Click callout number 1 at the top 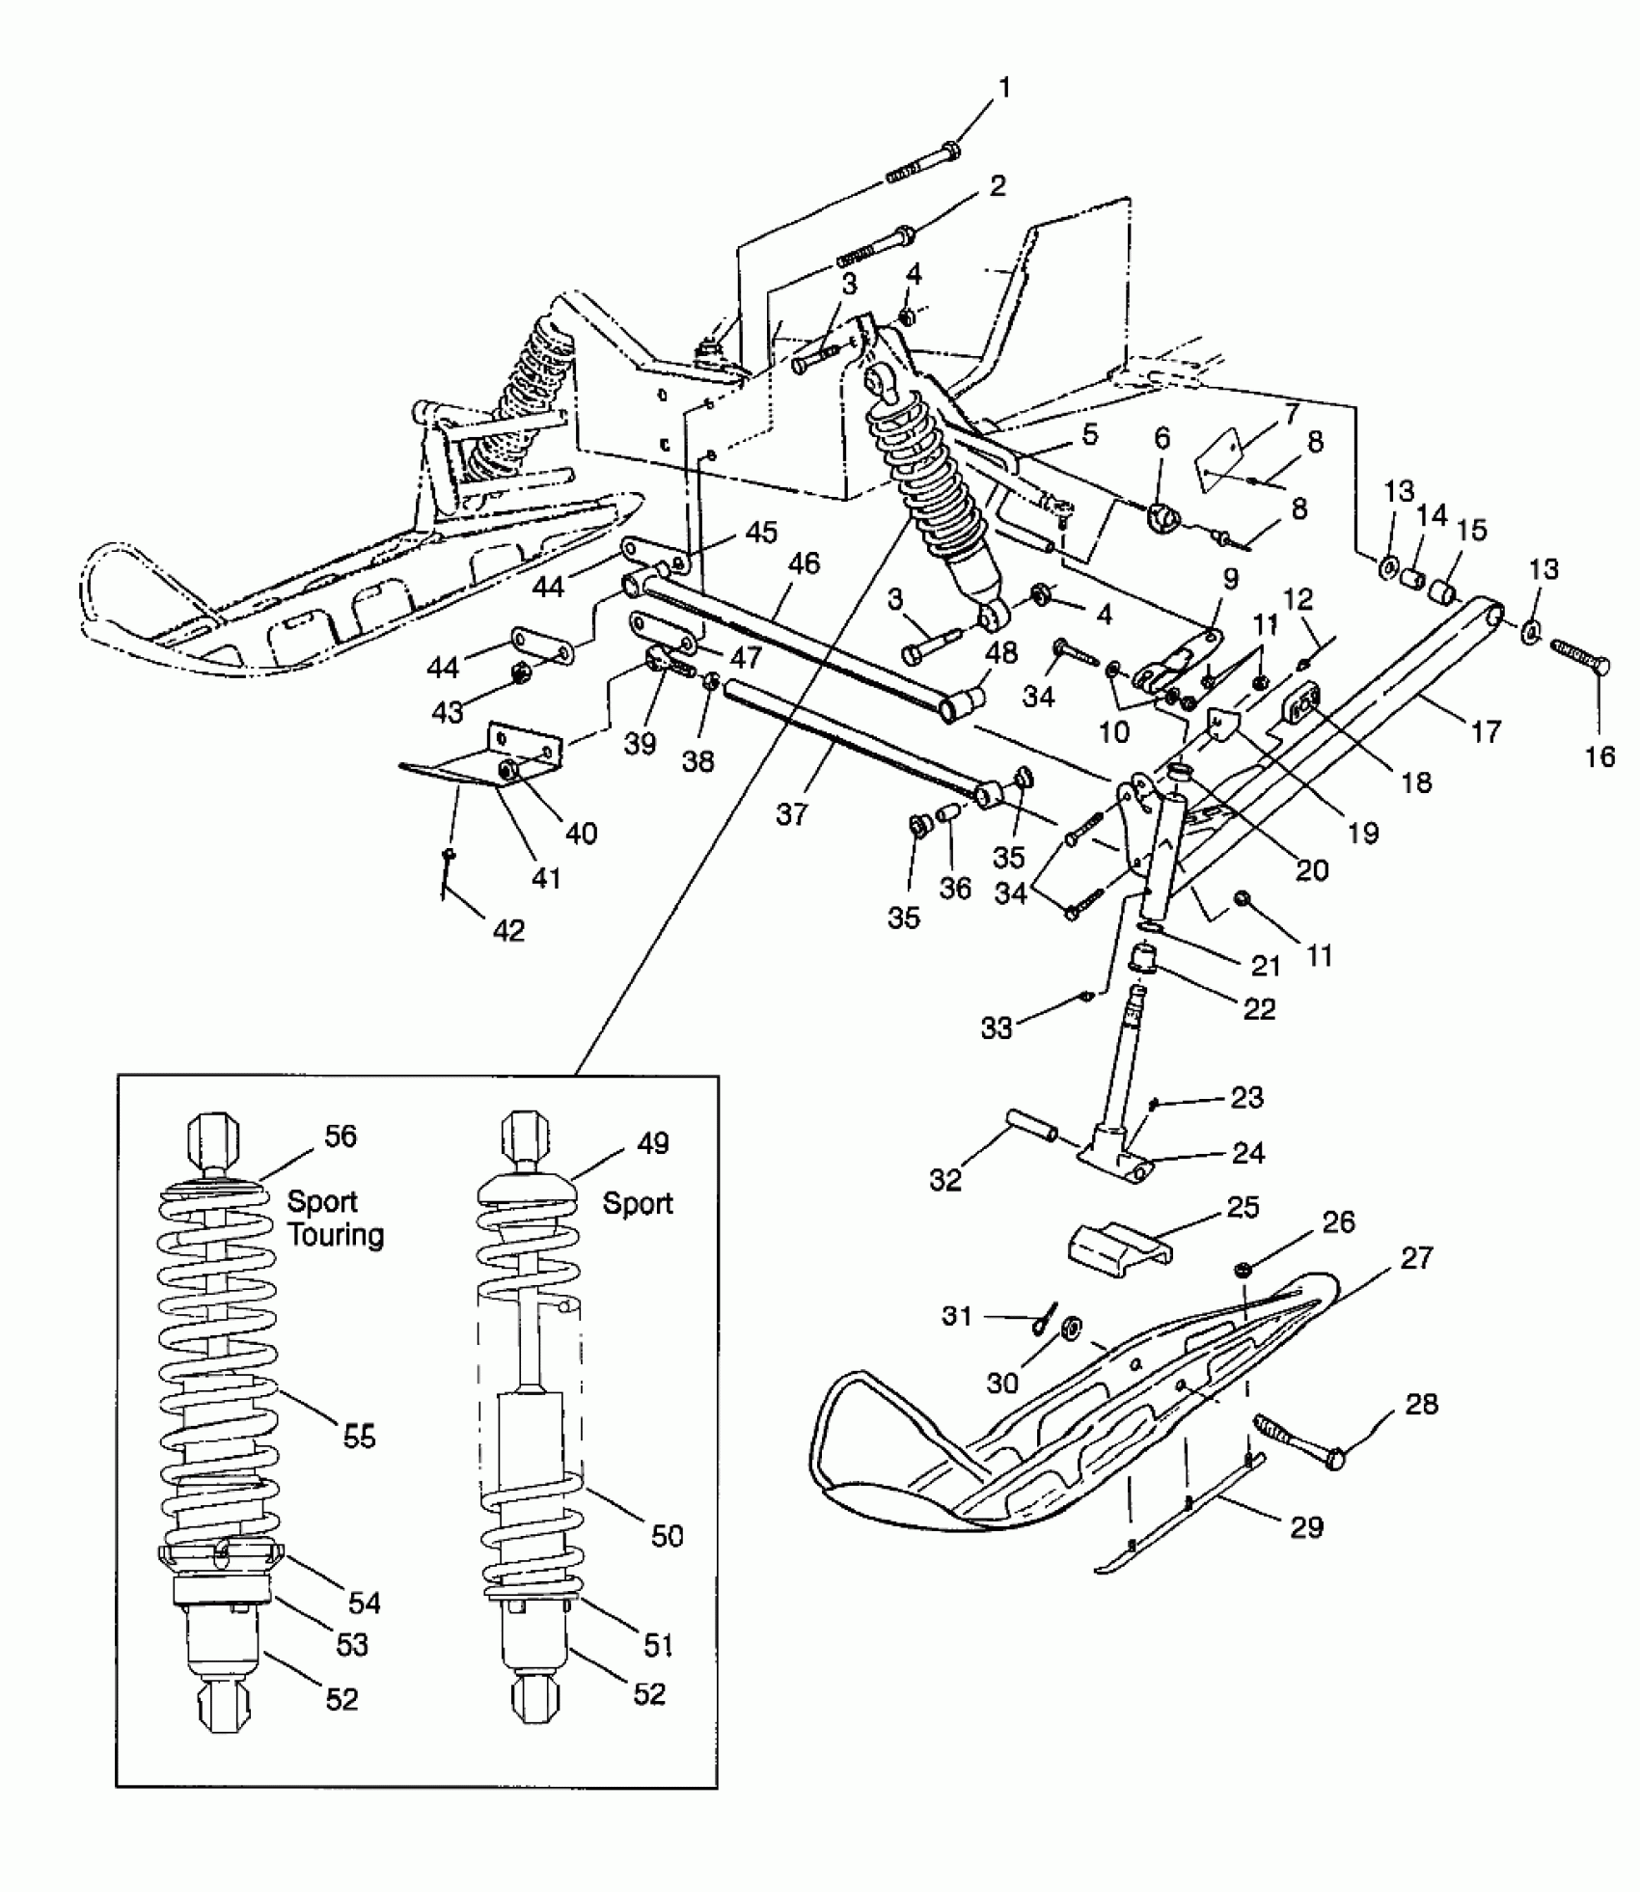click(1004, 90)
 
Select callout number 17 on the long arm click(1485, 732)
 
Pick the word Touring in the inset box click(335, 1235)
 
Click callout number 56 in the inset click(340, 1136)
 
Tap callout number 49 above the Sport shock click(652, 1143)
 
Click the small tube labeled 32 click(1030, 1125)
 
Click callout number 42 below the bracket click(508, 930)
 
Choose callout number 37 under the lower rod click(791, 815)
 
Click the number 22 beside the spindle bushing click(1259, 1009)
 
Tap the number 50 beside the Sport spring click(667, 1535)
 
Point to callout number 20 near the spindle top click(1312, 870)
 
